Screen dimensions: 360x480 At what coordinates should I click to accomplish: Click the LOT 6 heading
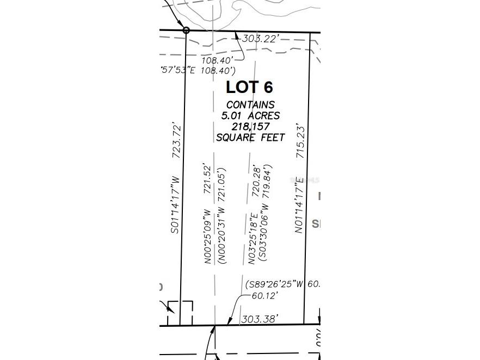[x=249, y=87]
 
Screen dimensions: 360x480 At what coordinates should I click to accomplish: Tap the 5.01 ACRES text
[x=250, y=115]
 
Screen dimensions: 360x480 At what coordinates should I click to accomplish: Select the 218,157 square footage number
[x=250, y=127]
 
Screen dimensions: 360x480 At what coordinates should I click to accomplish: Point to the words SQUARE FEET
[x=250, y=138]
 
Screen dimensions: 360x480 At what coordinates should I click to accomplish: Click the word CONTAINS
[x=250, y=104]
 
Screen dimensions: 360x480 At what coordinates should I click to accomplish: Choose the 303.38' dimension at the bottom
[x=260, y=318]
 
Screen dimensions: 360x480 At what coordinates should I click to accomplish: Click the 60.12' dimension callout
[x=264, y=296]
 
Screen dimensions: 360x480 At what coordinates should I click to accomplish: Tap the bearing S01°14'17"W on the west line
[x=175, y=204]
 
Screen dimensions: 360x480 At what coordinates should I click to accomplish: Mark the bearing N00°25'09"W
[x=207, y=237]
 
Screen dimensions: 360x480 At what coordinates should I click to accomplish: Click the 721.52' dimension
[x=207, y=178]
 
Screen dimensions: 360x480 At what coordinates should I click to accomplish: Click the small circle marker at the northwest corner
[x=186, y=30]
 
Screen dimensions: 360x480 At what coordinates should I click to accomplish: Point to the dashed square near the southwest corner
[x=180, y=313]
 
